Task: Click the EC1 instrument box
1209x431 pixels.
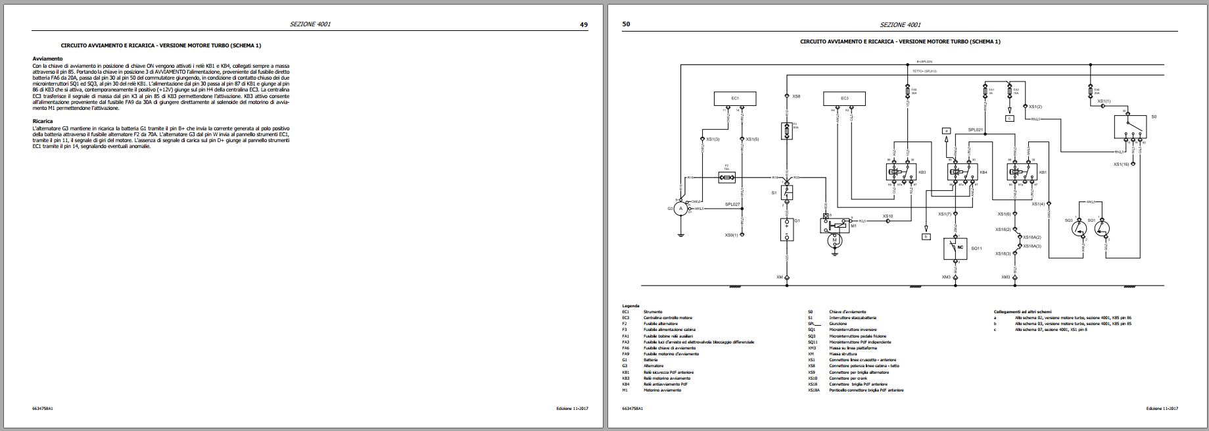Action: coord(734,99)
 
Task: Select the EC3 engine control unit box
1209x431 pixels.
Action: coord(844,99)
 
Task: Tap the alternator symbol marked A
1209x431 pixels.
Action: coord(682,208)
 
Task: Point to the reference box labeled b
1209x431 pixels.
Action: coord(926,236)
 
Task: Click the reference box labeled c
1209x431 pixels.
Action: coord(1010,118)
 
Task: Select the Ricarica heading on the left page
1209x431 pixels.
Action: coord(43,121)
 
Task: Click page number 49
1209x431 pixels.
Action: coord(583,25)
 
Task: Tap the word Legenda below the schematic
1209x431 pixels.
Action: coord(630,306)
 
